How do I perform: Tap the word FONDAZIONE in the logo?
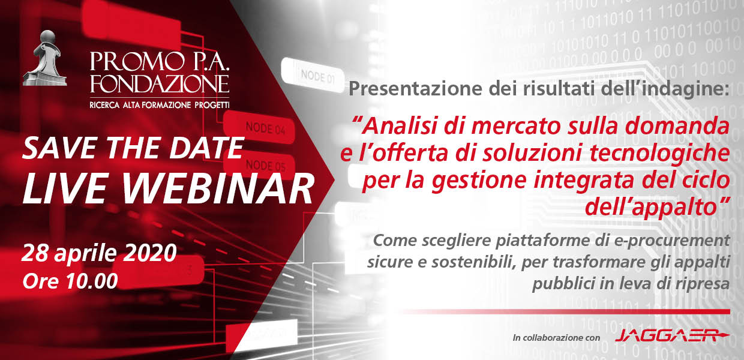[x=160, y=85]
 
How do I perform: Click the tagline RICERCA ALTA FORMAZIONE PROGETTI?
[x=160, y=105]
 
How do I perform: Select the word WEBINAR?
[x=220, y=188]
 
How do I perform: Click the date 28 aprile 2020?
[x=99, y=254]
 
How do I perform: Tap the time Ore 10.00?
[x=70, y=281]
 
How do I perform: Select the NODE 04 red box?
[x=259, y=127]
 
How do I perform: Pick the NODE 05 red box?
[x=260, y=165]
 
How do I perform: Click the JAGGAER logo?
[x=672, y=335]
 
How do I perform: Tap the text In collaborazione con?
[x=556, y=338]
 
